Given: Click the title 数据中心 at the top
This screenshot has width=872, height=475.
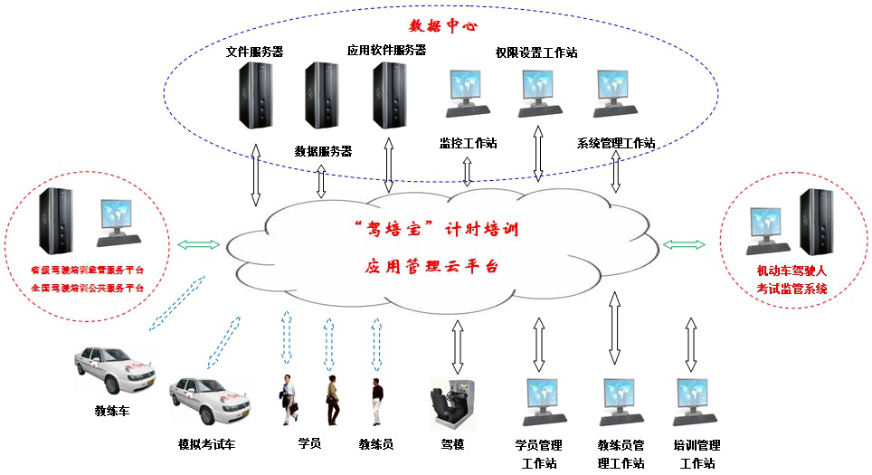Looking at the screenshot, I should [443, 26].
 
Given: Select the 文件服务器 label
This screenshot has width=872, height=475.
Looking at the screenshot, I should [254, 52].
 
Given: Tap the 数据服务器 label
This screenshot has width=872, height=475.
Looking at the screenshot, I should [323, 151].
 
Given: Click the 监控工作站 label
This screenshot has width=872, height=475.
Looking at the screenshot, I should [468, 143].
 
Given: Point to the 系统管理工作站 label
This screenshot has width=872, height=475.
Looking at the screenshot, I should [616, 143].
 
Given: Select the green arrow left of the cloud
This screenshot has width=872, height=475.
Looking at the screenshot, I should [198, 244].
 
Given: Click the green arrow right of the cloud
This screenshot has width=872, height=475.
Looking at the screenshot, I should [685, 244].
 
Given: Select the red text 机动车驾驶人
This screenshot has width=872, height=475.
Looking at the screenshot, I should [792, 271].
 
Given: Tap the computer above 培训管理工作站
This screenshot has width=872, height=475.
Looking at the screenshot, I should [697, 402].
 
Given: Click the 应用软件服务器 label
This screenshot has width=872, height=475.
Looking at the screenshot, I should [386, 51].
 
